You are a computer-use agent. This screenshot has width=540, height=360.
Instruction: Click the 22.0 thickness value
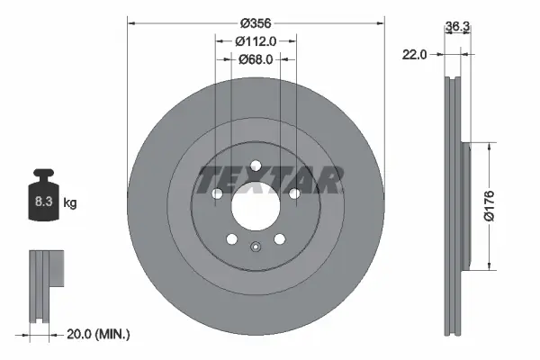414,55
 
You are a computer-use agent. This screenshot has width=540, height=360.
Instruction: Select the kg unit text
70,203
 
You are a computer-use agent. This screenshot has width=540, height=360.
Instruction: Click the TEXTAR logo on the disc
269,180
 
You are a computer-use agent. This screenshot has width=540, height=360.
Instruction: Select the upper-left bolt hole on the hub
216,193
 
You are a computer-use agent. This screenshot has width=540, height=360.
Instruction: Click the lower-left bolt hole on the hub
231,238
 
